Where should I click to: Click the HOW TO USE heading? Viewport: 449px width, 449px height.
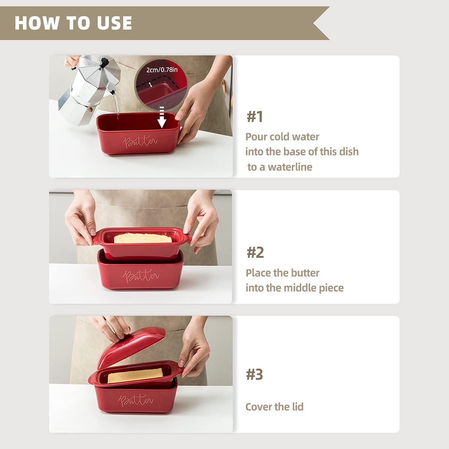[73, 23]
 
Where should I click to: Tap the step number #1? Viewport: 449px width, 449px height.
[255, 116]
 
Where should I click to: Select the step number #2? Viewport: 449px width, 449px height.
[255, 252]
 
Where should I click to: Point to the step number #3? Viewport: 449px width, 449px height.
[254, 374]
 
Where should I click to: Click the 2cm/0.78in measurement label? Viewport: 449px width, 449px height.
[162, 70]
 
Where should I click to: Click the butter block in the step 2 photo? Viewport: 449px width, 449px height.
[143, 238]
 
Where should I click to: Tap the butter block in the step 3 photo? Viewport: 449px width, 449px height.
[135, 375]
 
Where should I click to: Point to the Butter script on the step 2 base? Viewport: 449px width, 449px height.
[141, 276]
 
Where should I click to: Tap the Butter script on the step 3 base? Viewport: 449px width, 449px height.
[135, 400]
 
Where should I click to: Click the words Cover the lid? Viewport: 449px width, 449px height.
[274, 407]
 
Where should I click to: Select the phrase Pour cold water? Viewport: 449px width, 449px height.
[282, 137]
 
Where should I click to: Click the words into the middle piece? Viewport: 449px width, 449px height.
[294, 288]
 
